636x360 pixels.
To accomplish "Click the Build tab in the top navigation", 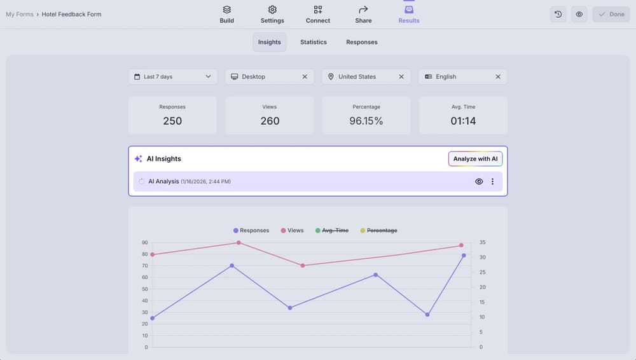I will (226, 14).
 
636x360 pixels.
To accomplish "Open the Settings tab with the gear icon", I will (272, 14).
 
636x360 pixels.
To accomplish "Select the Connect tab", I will (317, 14).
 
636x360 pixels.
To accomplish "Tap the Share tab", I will (363, 14).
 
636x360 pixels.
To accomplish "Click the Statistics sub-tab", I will (314, 42).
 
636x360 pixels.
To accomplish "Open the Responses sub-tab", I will (362, 42).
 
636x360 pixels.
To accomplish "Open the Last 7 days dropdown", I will (173, 76).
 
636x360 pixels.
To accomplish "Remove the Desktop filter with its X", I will (305, 76).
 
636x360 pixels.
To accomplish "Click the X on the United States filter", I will (401, 76).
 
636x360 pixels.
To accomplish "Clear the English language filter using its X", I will (498, 76).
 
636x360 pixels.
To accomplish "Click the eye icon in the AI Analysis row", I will (479, 181).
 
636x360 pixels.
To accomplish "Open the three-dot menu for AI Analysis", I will (492, 181).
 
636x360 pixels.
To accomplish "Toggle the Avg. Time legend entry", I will (331, 230).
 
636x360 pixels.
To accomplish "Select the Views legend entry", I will (292, 230).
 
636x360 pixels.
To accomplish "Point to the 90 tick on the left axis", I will (145, 242).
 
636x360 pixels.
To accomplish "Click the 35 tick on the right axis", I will (482, 242).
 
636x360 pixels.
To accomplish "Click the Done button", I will (611, 14).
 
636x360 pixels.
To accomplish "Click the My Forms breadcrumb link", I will (20, 14).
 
